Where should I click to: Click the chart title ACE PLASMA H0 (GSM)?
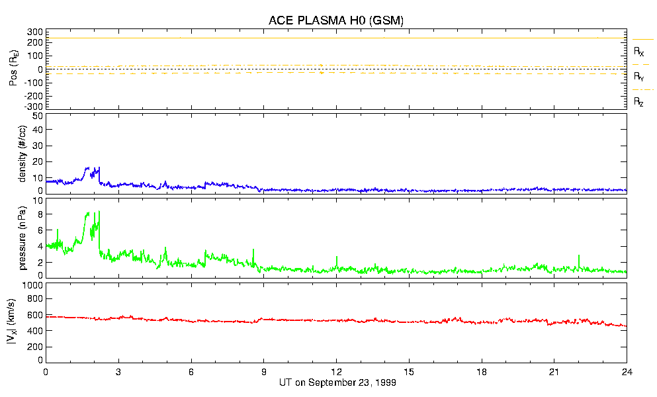coord(335,21)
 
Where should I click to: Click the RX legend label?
coord(639,52)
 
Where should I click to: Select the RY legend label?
coord(639,77)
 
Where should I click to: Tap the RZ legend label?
coord(639,102)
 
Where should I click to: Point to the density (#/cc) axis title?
coord(23,154)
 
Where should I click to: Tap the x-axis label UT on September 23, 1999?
coord(335,382)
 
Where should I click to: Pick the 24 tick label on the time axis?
coord(627,371)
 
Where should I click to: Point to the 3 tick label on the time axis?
coord(118,371)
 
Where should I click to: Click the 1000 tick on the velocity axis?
coord(31,285)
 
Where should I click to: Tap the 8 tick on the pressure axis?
coord(39,214)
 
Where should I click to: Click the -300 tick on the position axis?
coord(33,106)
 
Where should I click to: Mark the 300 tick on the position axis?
coord(34,32)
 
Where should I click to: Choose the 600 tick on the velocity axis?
coord(34,316)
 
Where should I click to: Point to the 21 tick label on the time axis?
coord(554,371)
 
